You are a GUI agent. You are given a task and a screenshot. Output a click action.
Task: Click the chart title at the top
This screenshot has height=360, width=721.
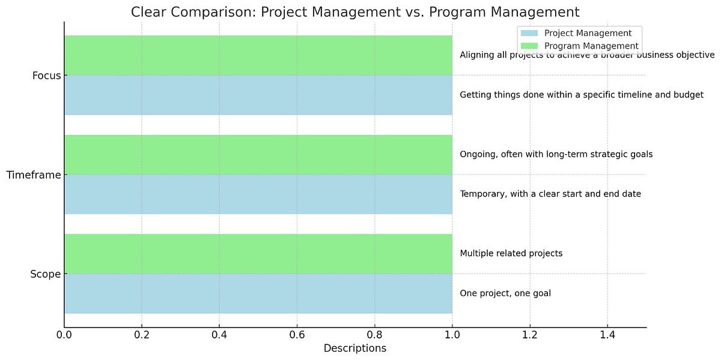[x=355, y=11]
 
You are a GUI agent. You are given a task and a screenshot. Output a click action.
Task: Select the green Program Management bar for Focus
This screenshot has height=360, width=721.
[x=258, y=55]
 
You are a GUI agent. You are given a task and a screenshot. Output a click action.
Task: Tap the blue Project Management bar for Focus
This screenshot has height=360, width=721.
[x=258, y=95]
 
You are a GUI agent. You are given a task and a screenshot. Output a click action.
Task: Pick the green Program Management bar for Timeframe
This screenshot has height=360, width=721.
[x=258, y=154]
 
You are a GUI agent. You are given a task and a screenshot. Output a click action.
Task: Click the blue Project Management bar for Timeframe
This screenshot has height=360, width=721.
[x=258, y=194]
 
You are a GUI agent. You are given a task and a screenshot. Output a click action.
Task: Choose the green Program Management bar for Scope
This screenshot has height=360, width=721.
[x=258, y=254]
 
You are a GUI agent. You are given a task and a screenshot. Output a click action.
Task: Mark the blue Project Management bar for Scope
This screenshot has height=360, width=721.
[x=258, y=293]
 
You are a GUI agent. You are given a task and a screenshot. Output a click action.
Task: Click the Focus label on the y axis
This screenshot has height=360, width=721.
[x=46, y=76]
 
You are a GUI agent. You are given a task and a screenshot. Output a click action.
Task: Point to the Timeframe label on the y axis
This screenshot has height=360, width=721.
[x=34, y=175]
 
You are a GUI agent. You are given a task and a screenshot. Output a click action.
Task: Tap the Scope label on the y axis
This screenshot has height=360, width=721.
[x=45, y=275]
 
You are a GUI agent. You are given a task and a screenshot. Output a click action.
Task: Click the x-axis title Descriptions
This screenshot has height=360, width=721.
[x=355, y=349]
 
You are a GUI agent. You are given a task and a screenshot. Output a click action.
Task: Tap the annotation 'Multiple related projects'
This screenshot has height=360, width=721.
[x=511, y=254]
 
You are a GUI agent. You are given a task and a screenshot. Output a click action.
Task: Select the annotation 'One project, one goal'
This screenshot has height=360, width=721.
[x=505, y=293]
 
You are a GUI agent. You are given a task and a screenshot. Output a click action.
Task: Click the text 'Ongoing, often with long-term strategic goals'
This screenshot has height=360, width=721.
[x=556, y=154]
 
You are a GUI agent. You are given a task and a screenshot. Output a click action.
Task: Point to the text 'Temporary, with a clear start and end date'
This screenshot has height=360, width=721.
[x=550, y=194]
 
